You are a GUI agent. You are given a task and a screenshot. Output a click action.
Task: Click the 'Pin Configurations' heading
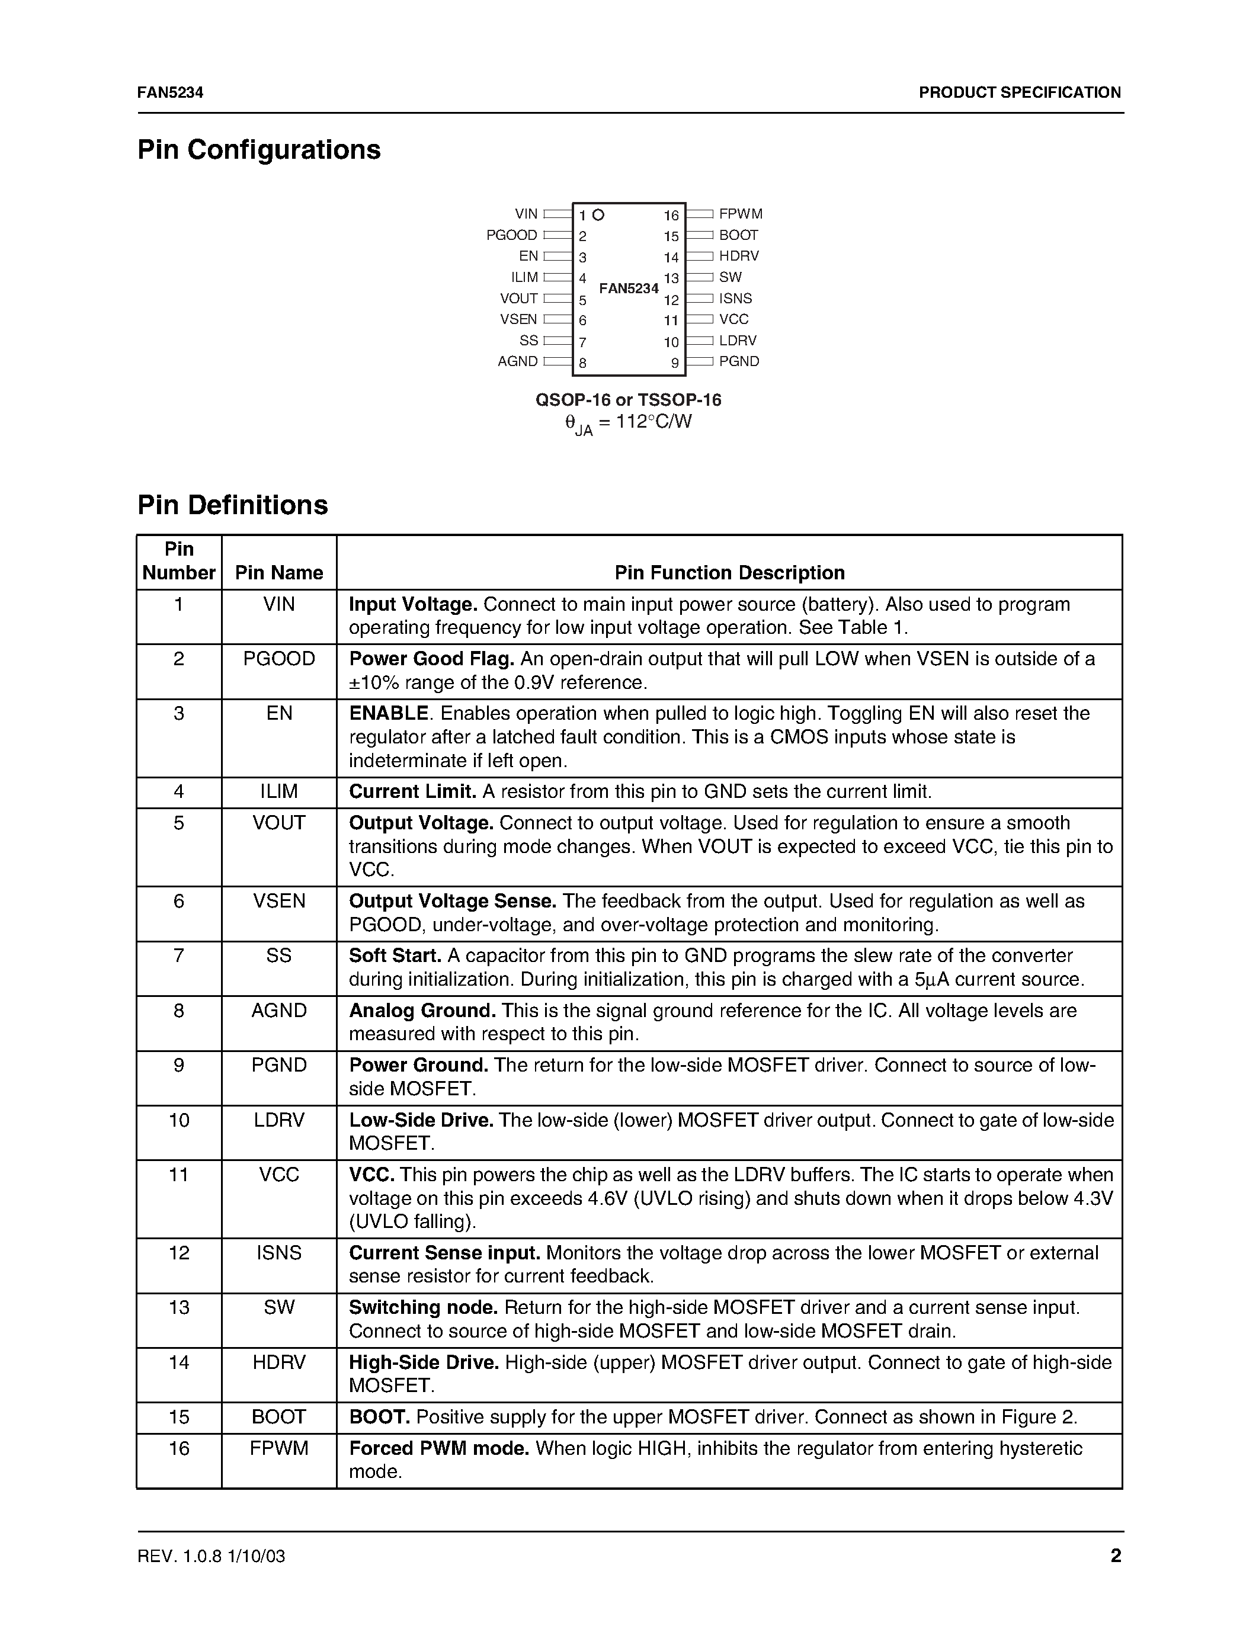pos(259,150)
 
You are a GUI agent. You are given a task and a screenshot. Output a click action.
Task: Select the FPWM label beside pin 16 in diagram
pos(740,214)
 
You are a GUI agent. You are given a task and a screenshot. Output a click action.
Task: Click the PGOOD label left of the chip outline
pos(512,235)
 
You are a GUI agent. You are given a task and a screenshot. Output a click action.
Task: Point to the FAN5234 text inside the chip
pos(629,288)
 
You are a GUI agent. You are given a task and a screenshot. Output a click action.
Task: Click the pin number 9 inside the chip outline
pos(674,363)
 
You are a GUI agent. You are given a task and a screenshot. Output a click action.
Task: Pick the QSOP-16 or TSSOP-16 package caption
pos(628,400)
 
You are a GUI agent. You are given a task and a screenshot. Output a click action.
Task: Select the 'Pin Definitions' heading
pos(233,505)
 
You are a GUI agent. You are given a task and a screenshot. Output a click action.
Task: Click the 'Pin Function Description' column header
pos(729,572)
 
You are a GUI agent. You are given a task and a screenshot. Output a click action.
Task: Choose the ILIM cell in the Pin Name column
pos(279,791)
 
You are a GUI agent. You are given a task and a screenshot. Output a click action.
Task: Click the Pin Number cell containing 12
pos(179,1252)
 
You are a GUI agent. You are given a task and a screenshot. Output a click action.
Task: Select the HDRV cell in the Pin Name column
pos(279,1362)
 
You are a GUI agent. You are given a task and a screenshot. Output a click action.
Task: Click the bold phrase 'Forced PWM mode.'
pos(438,1448)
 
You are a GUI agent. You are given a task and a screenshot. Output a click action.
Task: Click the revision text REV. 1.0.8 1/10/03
pos(211,1556)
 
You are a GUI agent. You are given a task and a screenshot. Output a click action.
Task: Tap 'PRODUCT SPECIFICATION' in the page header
pos(1019,92)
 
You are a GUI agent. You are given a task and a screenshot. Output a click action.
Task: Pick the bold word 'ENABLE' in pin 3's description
pos(389,713)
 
